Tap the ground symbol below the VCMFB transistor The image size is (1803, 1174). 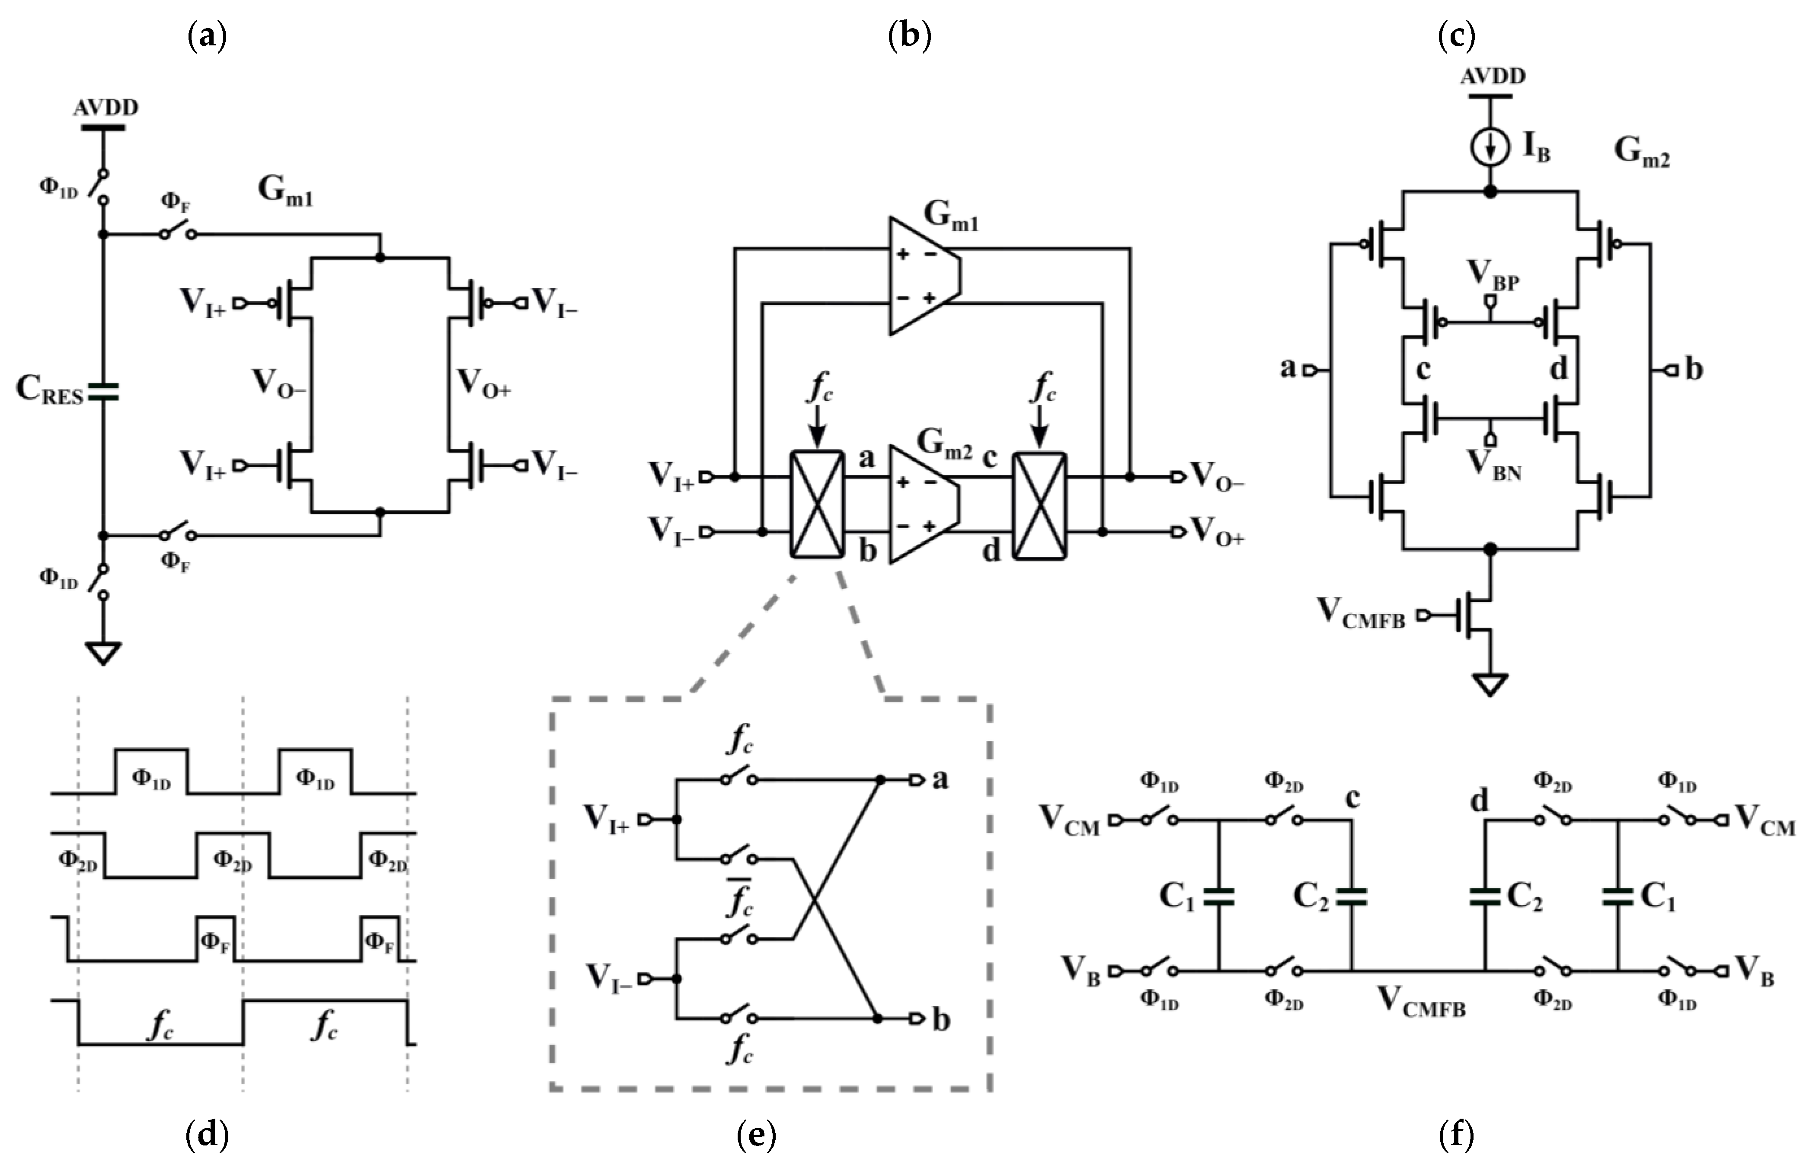pos(1490,684)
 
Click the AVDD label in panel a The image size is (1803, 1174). pos(105,108)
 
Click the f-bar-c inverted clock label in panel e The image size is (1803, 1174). pos(738,897)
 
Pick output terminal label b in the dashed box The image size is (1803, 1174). pos(940,1020)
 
